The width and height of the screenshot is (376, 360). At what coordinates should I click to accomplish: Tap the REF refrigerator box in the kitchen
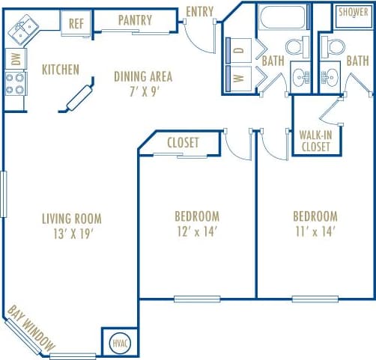click(76, 23)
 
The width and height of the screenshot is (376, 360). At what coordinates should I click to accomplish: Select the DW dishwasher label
click(13, 58)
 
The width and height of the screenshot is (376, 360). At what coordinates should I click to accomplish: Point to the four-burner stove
click(15, 84)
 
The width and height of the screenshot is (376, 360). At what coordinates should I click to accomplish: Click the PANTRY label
click(135, 20)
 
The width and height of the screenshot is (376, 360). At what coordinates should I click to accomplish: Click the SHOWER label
click(352, 12)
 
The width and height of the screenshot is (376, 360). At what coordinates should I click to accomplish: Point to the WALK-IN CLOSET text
click(315, 141)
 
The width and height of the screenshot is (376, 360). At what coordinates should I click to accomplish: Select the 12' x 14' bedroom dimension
click(193, 231)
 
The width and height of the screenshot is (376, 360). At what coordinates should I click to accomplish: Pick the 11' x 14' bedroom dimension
click(315, 231)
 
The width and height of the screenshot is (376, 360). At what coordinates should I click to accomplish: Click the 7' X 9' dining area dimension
click(142, 90)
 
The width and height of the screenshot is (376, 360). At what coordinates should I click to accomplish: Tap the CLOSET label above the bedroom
click(183, 143)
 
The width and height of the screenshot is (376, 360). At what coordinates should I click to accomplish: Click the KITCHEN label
click(61, 70)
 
